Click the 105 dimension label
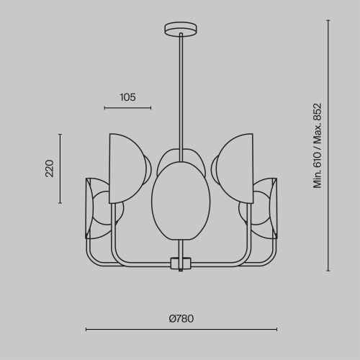point(127,97)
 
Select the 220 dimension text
point(50,168)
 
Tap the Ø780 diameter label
point(181,318)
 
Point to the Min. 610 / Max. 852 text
point(318,145)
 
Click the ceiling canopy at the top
point(181,29)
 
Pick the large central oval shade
point(181,201)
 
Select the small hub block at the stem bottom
point(181,264)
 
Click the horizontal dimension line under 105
point(127,108)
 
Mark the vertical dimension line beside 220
point(60,168)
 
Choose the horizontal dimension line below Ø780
point(181,329)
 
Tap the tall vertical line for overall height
point(328,145)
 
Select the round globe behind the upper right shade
point(215,169)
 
